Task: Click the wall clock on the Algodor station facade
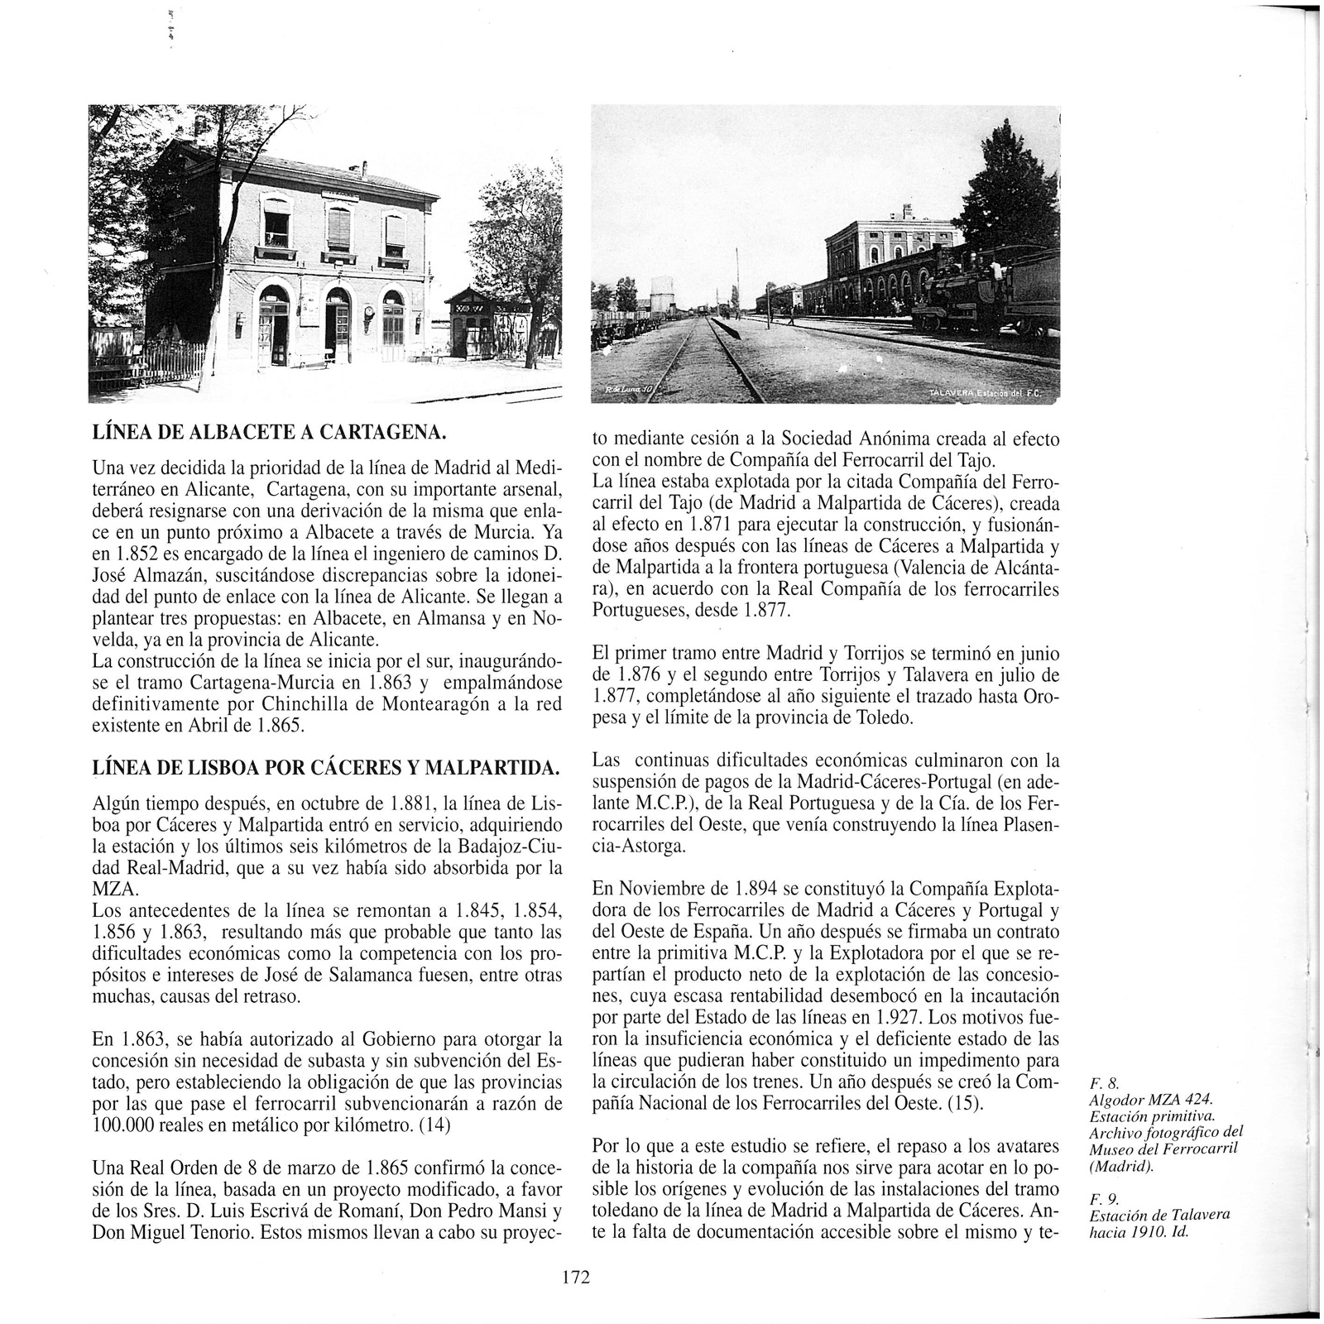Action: click(367, 314)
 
